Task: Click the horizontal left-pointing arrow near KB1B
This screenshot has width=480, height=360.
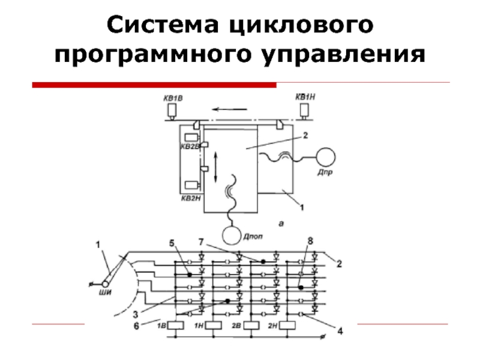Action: coord(231,109)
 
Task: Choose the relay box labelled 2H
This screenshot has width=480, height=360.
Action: coord(287,325)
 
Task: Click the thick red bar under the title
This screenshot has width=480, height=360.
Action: coord(154,85)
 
